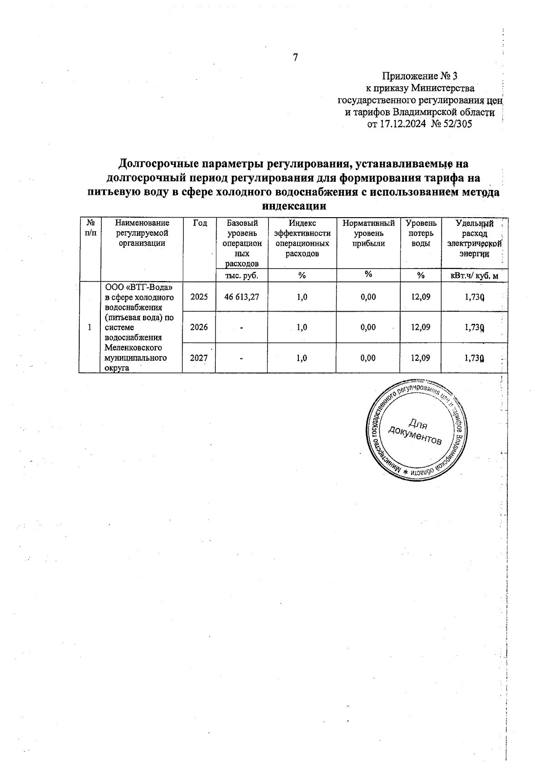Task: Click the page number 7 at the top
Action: tap(295, 58)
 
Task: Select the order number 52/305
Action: tap(456, 124)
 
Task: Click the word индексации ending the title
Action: tap(295, 205)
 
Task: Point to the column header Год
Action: tap(199, 223)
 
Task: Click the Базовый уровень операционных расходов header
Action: tap(242, 243)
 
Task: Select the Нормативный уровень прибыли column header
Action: tap(368, 233)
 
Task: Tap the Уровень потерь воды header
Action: tap(421, 233)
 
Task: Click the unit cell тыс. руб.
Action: tap(242, 275)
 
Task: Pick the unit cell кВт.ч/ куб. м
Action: tap(475, 275)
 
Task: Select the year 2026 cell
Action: tap(199, 327)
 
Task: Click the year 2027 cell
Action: tap(199, 358)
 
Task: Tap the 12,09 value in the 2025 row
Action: tap(421, 297)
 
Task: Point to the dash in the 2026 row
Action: tap(242, 328)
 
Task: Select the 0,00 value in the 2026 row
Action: tap(368, 327)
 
